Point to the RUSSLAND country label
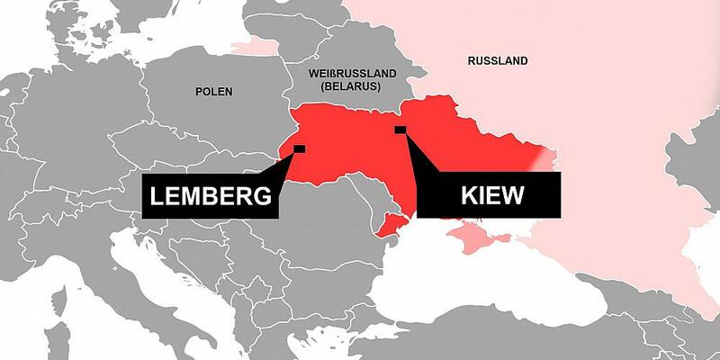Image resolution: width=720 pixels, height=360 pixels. click(x=498, y=61)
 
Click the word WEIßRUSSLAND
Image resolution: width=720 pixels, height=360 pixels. click(x=344, y=71)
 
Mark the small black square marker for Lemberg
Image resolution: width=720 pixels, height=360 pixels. click(x=299, y=148)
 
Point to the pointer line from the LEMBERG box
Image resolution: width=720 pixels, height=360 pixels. click(x=286, y=166)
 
